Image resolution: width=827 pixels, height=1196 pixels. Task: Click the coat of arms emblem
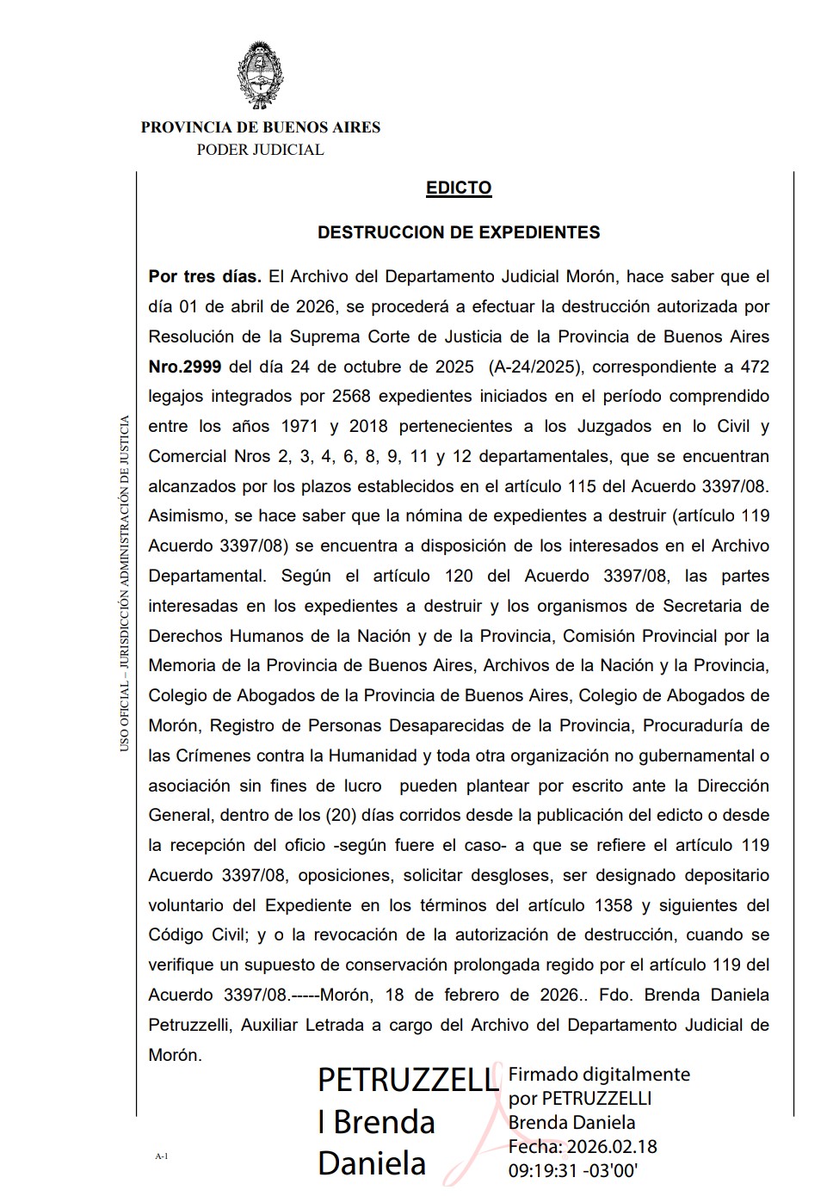[x=260, y=75]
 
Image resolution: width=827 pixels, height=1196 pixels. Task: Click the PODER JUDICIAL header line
[x=260, y=150]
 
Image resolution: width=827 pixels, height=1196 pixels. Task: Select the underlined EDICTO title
[x=459, y=188]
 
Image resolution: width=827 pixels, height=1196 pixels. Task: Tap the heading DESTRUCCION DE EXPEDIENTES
[x=459, y=232]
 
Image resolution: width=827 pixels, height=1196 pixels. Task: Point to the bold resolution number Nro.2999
[x=184, y=367]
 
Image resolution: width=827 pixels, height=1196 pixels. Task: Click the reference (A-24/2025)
[x=536, y=367]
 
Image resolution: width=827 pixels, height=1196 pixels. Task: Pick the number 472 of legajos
[x=754, y=367]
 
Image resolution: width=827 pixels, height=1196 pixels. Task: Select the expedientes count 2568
[x=350, y=397]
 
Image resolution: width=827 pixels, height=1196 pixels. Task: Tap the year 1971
[x=299, y=427]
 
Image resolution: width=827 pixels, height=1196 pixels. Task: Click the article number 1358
[x=613, y=905]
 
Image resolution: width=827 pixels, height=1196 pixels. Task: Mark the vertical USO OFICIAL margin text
[x=125, y=585]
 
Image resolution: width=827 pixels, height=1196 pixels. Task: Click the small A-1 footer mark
[x=161, y=1156]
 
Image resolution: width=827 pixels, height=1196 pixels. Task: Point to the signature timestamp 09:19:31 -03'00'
[x=573, y=1170]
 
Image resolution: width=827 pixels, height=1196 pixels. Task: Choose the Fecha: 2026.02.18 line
[x=583, y=1146]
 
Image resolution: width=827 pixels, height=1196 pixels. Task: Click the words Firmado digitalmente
[x=599, y=1074]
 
